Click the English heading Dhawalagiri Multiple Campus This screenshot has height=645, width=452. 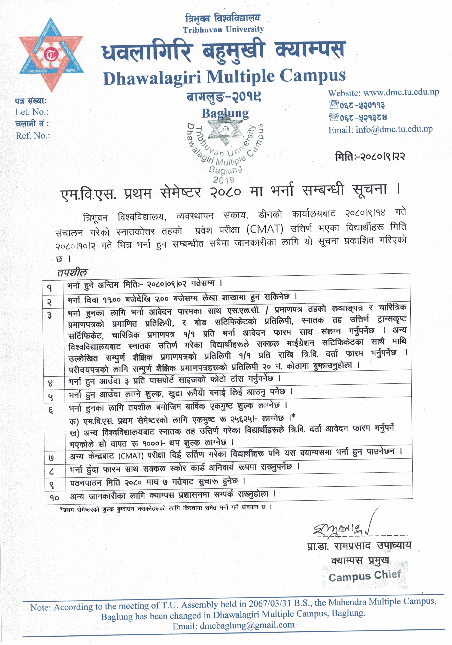224,78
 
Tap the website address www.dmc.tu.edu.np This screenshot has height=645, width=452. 401,92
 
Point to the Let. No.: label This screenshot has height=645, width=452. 32,112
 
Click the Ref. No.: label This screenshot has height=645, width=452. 33,136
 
